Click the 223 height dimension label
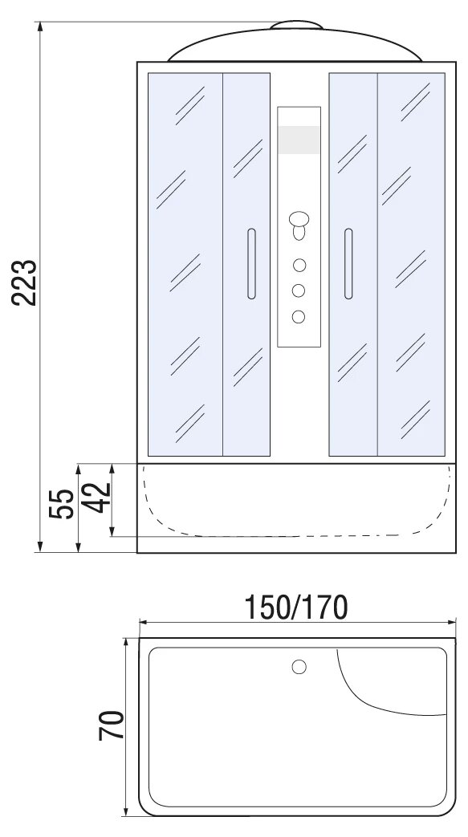click(x=25, y=282)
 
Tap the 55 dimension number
click(x=61, y=503)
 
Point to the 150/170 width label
click(x=296, y=607)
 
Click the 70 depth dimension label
click(x=111, y=725)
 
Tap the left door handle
click(x=251, y=264)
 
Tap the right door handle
click(x=348, y=264)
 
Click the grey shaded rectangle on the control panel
click(x=299, y=140)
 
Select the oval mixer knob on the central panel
click(x=299, y=219)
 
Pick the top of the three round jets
click(x=299, y=265)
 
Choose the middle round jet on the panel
click(x=299, y=291)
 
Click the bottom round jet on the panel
click(x=299, y=316)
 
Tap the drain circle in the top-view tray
click(x=299, y=667)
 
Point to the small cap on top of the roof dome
click(x=296, y=25)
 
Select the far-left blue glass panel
click(x=185, y=264)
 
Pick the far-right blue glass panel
click(x=411, y=264)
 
